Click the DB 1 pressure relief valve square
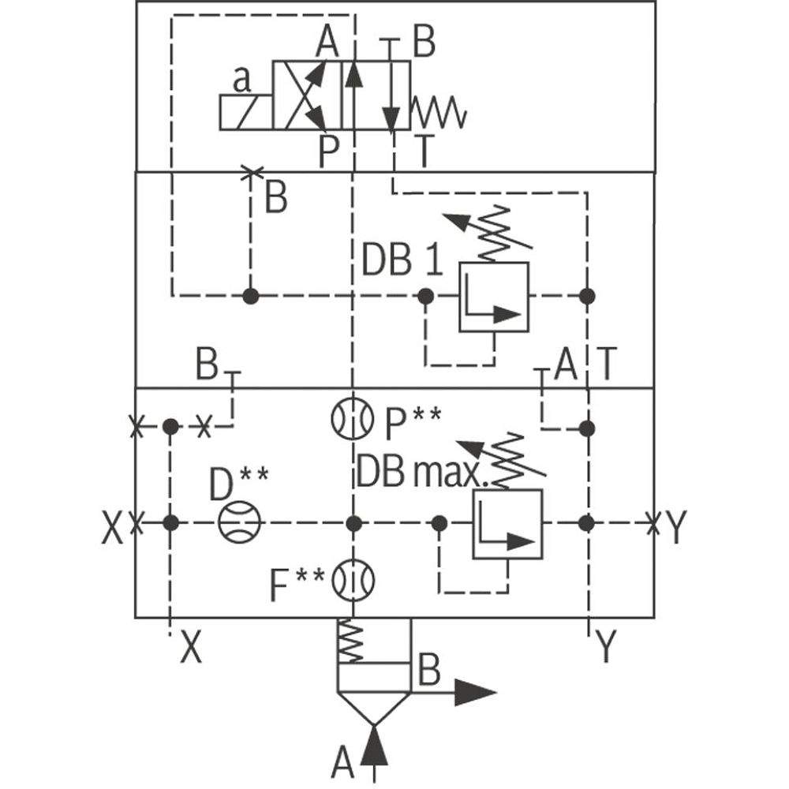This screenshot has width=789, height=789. tap(494, 297)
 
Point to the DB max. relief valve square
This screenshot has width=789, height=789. tap(507, 524)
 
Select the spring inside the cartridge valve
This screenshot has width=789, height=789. tap(350, 641)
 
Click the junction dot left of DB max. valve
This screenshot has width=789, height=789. tap(439, 522)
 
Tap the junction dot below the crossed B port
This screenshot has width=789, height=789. tap(251, 297)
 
